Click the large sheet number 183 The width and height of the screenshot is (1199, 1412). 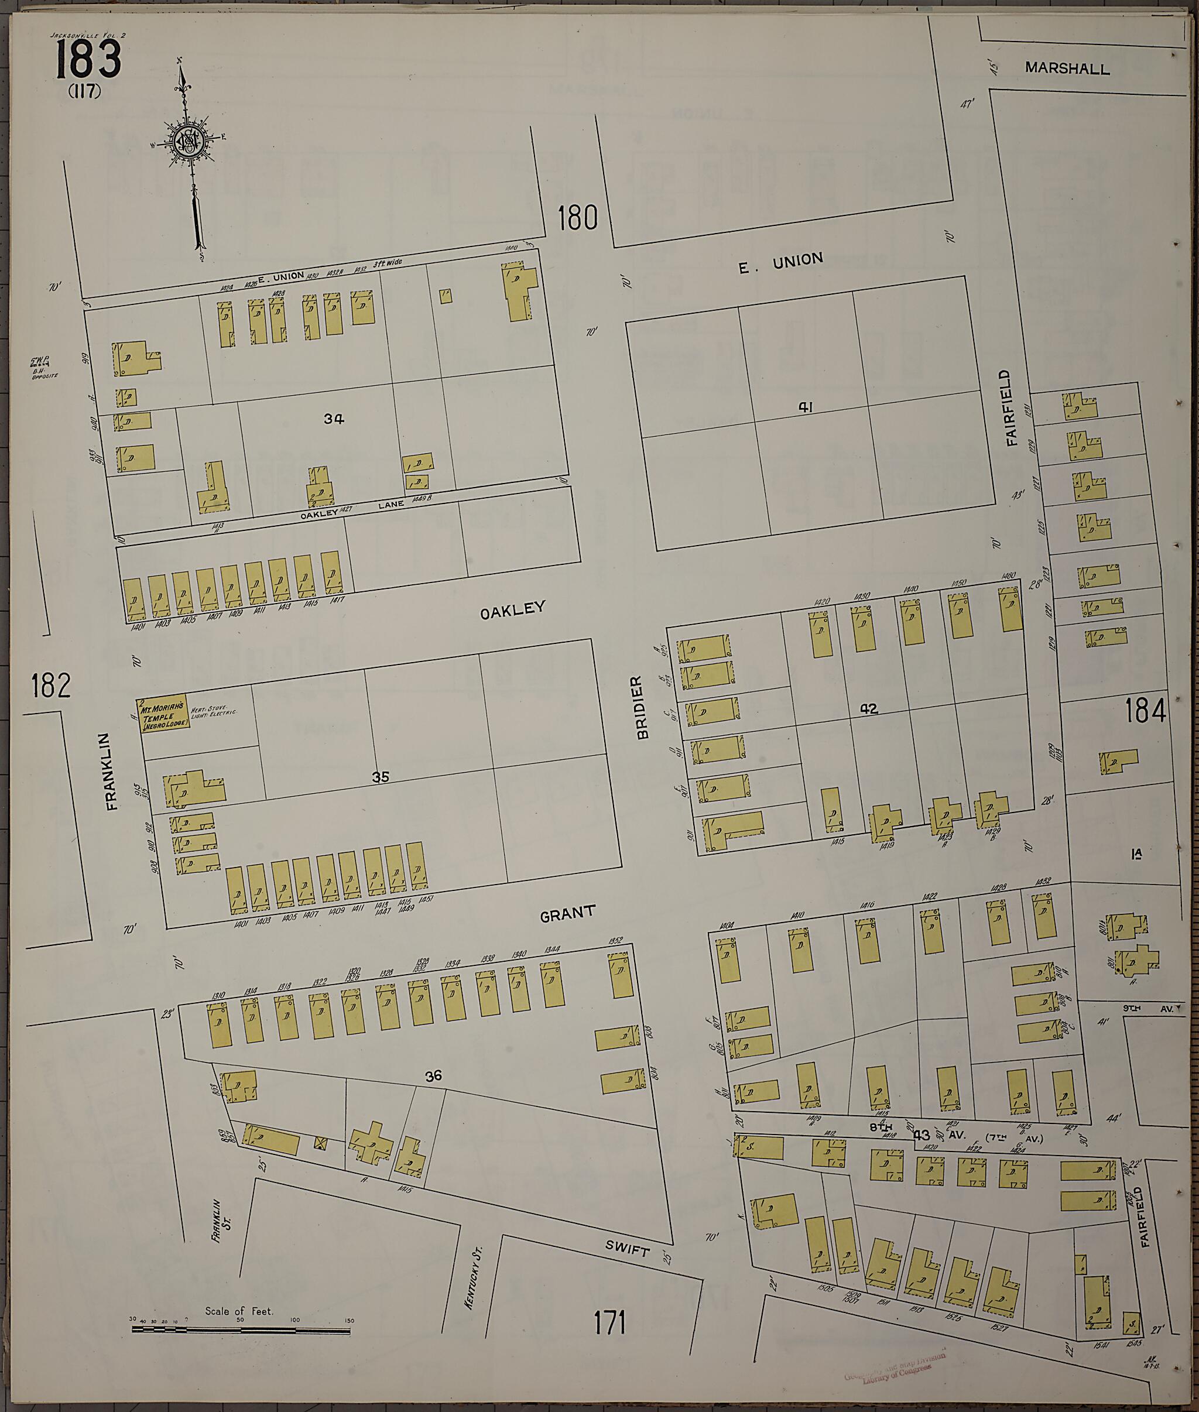point(88,59)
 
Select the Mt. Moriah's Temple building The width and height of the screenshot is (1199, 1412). point(164,715)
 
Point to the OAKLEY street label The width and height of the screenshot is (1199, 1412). point(512,609)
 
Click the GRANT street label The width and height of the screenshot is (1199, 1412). point(567,914)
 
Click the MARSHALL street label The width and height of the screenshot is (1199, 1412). point(1067,68)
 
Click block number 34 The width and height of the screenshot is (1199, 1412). point(334,419)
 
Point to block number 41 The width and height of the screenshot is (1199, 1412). point(806,407)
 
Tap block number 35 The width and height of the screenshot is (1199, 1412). point(381,777)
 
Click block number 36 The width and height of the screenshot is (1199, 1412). point(434,1075)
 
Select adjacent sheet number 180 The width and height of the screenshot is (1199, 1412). point(578,218)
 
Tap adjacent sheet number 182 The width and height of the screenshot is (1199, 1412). point(51,686)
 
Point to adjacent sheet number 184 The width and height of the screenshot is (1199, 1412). point(1145,711)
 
